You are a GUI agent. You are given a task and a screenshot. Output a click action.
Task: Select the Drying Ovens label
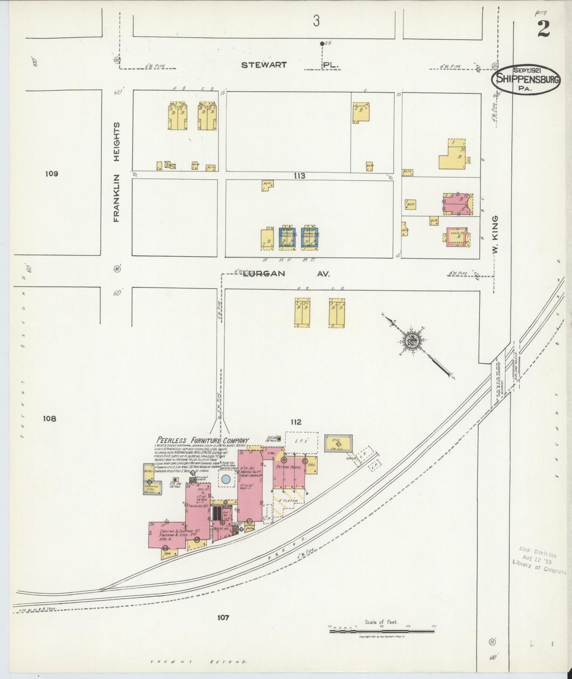[x=288, y=467]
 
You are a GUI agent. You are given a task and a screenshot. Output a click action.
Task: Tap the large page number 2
[x=543, y=29]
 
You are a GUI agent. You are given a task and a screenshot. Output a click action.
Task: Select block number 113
[x=299, y=176]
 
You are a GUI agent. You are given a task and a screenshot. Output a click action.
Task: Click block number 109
[x=51, y=174]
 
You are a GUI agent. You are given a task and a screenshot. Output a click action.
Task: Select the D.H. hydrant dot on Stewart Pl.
[x=322, y=43]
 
